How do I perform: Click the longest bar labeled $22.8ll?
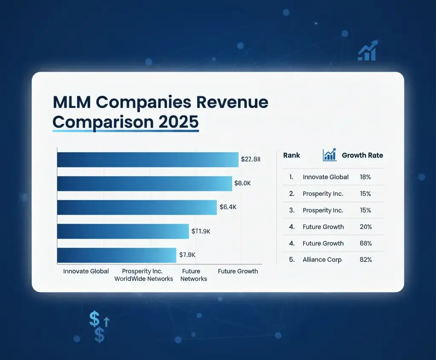click(147, 160)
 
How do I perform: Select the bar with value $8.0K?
click(144, 184)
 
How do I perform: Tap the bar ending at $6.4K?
click(137, 207)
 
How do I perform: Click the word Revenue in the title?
click(224, 103)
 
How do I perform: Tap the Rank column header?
click(292, 156)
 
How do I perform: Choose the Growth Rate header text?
click(362, 156)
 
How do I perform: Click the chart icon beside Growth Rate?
click(330, 155)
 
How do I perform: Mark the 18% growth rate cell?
click(365, 177)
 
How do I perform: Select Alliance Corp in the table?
click(322, 259)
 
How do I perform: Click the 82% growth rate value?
click(366, 259)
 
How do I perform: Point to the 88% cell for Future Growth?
click(366, 243)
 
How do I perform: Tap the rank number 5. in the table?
click(292, 259)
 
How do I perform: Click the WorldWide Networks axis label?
click(143, 279)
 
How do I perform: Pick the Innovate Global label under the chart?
click(86, 271)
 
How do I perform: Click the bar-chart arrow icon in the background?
click(367, 51)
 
